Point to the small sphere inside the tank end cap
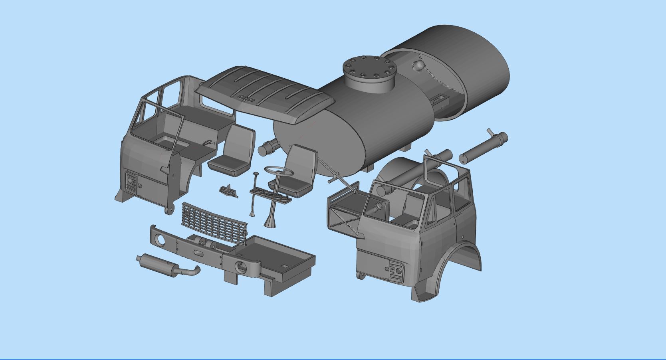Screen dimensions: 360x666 pos(419,65)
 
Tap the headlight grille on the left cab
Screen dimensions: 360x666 pos(130,182)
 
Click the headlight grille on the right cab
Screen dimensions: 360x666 pos(396,271)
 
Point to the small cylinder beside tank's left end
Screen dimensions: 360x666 pos(266,148)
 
